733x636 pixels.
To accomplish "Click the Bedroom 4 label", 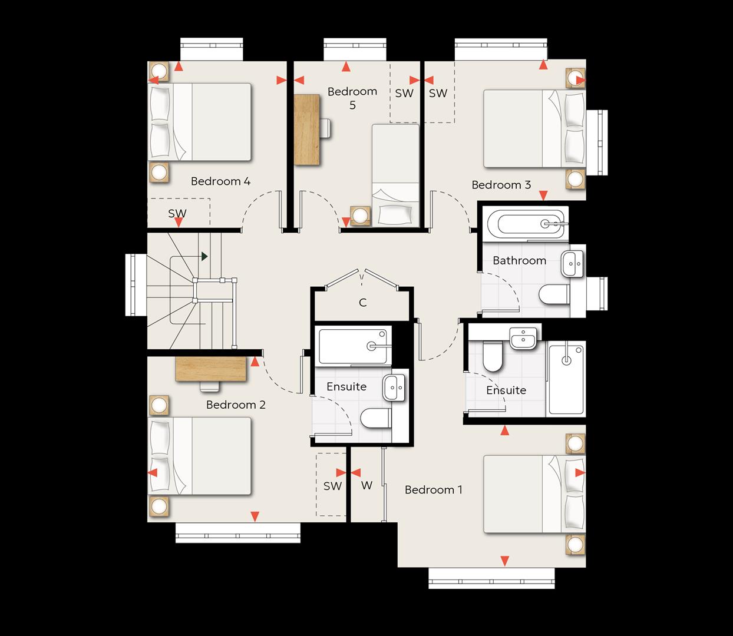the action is point(220,181).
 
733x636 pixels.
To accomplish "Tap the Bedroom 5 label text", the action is point(352,98).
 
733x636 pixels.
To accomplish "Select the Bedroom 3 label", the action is point(501,185).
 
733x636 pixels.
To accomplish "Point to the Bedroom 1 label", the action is point(433,489).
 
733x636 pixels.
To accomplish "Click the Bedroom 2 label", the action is point(236,405).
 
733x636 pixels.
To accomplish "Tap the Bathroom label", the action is point(520,260).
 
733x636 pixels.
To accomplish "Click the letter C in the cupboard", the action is point(362,303).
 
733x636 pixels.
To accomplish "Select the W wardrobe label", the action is point(367,485).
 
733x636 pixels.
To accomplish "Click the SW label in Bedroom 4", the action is point(177,213).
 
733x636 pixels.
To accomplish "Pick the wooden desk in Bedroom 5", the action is point(306,130).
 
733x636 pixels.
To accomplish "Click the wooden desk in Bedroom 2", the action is point(211,369).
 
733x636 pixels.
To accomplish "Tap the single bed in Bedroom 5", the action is point(395,175).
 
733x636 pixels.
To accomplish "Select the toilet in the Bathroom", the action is point(554,294).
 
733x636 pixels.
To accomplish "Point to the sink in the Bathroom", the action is point(572,264).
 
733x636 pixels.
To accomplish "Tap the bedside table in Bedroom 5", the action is point(360,216).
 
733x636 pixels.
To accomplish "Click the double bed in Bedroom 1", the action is point(534,494).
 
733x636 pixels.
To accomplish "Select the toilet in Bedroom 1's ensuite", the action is point(493,356).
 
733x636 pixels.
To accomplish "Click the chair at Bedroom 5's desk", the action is point(325,128).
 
